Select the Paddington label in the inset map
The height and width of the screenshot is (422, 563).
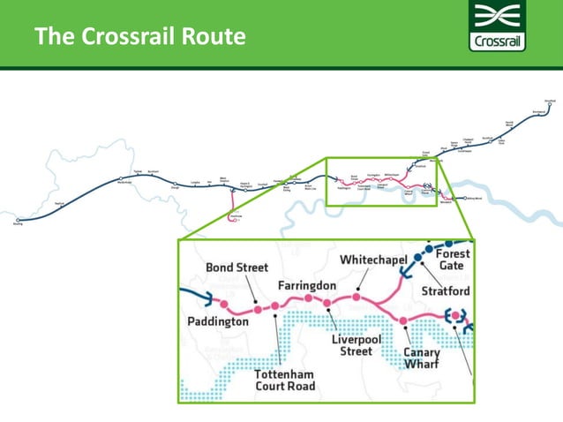pyautogui.click(x=218, y=322)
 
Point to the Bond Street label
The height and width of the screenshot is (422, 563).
pyautogui.click(x=236, y=267)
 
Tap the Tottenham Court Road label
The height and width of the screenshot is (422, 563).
pyautogui.click(x=284, y=380)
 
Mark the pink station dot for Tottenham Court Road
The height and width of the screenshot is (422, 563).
pyautogui.click(x=275, y=306)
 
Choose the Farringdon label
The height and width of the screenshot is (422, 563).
pyautogui.click(x=306, y=286)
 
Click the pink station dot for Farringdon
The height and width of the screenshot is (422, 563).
pyautogui.click(x=309, y=298)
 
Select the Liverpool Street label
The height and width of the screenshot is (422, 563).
pyautogui.click(x=357, y=344)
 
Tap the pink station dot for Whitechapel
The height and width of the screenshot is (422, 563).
pyautogui.click(x=357, y=298)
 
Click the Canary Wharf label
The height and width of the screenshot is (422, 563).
pyautogui.click(x=422, y=359)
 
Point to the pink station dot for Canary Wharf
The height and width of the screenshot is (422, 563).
pyautogui.click(x=403, y=320)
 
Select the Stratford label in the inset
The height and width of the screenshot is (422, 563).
pyautogui.click(x=447, y=290)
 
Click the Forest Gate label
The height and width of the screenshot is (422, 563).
pyautogui.click(x=453, y=259)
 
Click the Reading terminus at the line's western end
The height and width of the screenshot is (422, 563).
pyautogui.click(x=18, y=221)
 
